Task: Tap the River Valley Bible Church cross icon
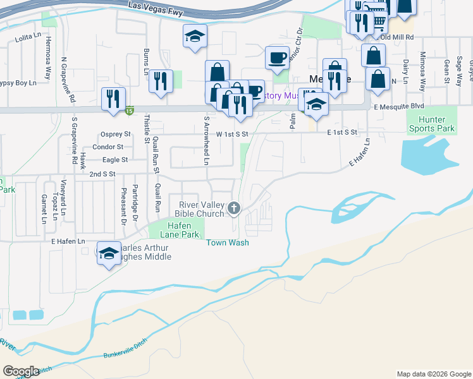pos(234,208)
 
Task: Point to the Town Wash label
pos(227,243)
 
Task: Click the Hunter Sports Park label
pos(436,124)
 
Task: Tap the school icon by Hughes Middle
pos(109,253)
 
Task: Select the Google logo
pos(21,371)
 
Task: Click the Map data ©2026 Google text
pos(433,374)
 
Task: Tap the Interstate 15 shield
pos(130,110)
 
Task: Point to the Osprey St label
pos(115,134)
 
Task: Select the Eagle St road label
pos(115,160)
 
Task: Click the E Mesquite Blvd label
pos(398,107)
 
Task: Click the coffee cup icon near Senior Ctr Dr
pos(277,57)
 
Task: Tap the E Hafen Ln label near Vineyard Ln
pos(68,241)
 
